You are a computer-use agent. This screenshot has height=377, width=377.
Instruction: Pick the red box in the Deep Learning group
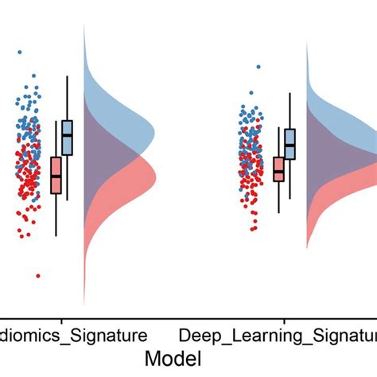[278, 170]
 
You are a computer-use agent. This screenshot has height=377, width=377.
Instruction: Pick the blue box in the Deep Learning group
[290, 144]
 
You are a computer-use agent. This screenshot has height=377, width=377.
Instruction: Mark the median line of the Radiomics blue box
[67, 135]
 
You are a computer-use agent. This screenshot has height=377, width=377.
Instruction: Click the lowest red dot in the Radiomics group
[37, 275]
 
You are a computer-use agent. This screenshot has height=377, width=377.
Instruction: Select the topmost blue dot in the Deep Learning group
[258, 68]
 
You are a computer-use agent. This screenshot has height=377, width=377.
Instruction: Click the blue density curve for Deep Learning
[334, 111]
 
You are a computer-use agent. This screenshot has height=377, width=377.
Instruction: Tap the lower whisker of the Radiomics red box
[56, 215]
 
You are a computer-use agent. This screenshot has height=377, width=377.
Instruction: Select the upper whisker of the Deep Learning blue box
[290, 111]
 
